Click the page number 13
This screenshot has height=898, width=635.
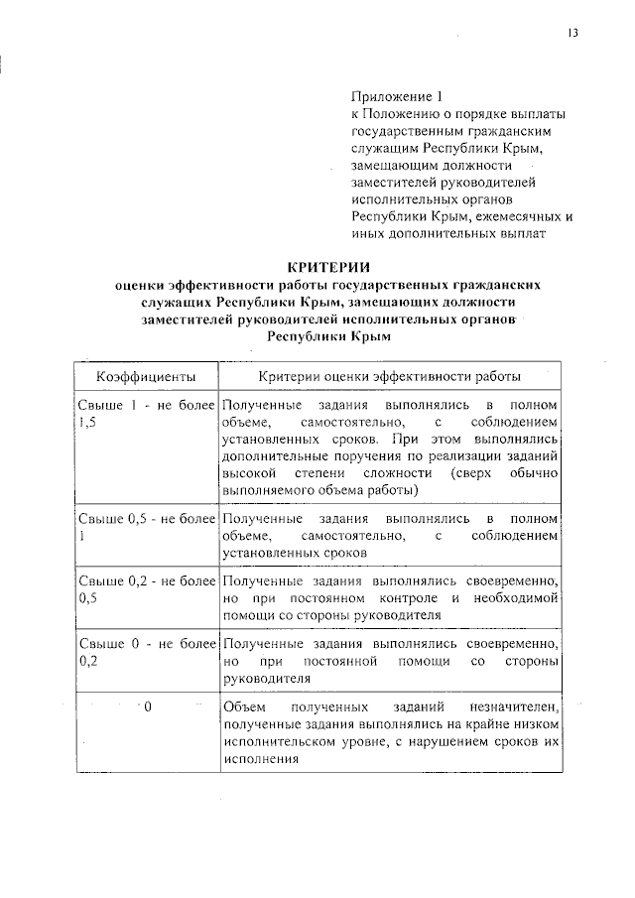pos(571,33)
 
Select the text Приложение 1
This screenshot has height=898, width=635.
pos(394,97)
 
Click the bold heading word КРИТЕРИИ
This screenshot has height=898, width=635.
pos(327,266)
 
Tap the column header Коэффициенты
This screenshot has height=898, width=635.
pos(145,377)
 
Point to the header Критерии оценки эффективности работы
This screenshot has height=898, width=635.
pos(389,377)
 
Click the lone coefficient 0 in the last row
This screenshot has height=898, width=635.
pos(146,706)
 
